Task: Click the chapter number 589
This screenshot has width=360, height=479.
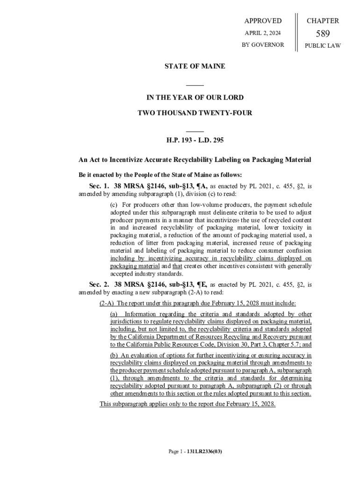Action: click(x=323, y=33)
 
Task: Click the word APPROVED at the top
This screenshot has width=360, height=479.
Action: click(x=263, y=21)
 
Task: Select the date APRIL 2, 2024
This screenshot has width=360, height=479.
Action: click(x=263, y=33)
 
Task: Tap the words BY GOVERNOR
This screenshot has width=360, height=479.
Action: click(x=263, y=45)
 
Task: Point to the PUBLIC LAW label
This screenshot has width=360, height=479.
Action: click(x=323, y=46)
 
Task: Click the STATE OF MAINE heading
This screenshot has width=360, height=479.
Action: click(x=194, y=66)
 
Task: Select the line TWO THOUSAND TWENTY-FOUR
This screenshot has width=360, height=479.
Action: click(x=194, y=113)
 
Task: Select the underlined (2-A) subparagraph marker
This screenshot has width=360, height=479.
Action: click(x=107, y=303)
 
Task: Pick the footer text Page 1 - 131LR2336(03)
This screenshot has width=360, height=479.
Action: click(x=195, y=452)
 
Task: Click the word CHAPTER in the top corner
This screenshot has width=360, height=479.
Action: click(x=323, y=21)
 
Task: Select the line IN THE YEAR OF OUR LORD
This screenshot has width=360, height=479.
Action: click(x=194, y=98)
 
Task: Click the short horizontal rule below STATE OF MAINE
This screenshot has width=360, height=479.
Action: click(x=194, y=85)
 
